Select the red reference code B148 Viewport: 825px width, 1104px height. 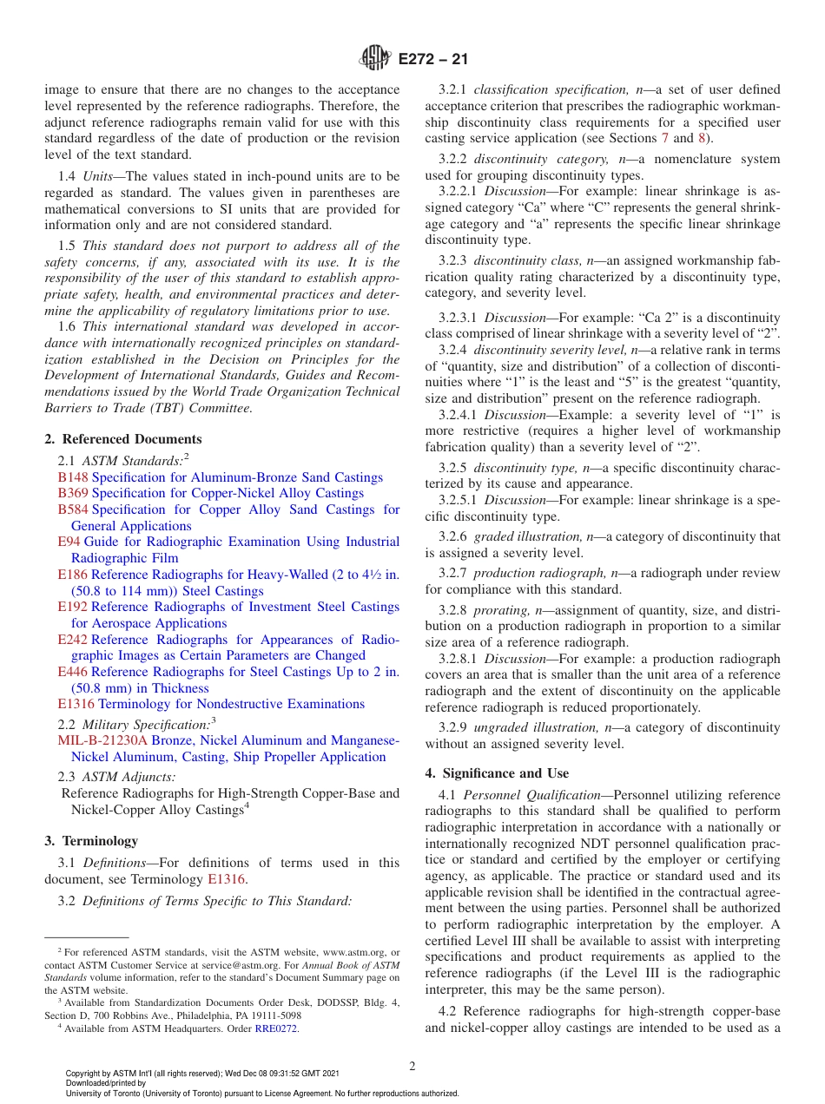(72, 477)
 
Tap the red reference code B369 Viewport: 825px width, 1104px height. (72, 493)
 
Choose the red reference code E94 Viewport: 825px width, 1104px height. (69, 542)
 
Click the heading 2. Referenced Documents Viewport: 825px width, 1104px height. (122, 439)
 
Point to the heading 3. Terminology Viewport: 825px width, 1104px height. (91, 840)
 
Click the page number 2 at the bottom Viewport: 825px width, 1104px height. (412, 1066)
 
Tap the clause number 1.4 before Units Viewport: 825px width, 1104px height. (67, 177)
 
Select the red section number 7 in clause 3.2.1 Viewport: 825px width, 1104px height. (665, 138)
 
